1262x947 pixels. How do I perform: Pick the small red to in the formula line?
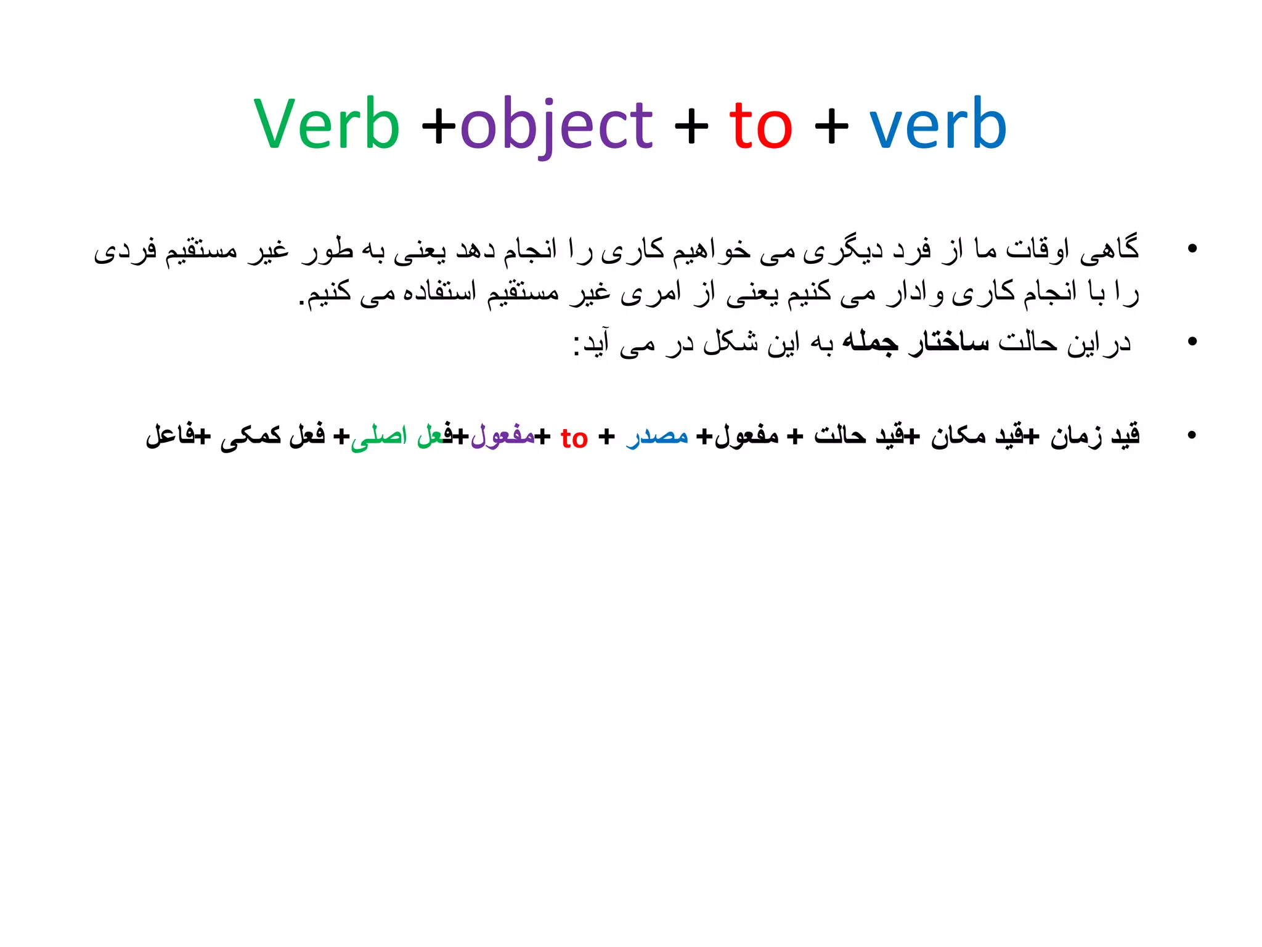tap(574, 438)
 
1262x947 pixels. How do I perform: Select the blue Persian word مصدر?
tap(657, 435)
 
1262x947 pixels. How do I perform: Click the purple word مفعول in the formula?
tap(502, 435)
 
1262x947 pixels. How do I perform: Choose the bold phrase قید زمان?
tap(1095, 435)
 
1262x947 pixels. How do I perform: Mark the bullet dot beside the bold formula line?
tap(1192, 435)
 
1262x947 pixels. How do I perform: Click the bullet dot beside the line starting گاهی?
tap(1192, 248)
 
